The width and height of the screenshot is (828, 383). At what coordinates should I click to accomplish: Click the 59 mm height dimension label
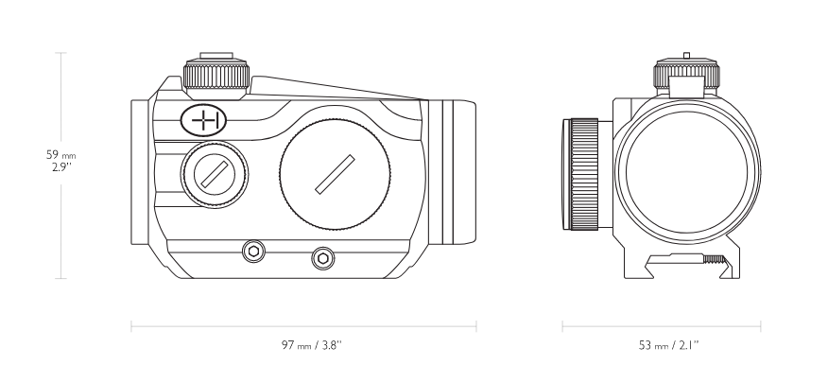point(60,155)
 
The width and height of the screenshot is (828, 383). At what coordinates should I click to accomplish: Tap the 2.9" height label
point(61,167)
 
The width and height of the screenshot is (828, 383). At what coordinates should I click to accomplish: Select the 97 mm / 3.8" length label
point(312,345)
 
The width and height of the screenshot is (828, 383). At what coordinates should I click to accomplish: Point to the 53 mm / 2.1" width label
point(668,345)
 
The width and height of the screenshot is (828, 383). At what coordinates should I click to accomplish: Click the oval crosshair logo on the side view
point(203,120)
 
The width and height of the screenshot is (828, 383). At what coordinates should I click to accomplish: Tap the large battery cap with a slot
point(336,174)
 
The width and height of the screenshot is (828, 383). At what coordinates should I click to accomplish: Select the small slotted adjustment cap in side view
point(215,174)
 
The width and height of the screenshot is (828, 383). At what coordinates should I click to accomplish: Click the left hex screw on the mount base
point(253,251)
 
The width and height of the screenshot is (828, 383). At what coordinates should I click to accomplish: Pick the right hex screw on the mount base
point(322,258)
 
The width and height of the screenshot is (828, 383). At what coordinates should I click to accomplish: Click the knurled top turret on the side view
point(216,76)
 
